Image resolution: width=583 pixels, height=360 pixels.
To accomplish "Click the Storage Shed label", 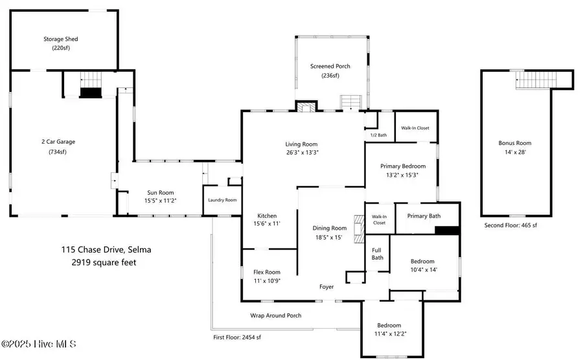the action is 61,39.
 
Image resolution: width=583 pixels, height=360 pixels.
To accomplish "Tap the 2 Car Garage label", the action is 58,142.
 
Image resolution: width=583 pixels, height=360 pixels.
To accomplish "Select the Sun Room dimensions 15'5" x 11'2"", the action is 160,201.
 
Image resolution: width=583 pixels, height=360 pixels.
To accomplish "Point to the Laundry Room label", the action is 222,200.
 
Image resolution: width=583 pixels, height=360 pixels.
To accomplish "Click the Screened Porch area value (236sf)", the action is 330,75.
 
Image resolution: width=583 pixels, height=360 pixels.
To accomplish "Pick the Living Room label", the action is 301,144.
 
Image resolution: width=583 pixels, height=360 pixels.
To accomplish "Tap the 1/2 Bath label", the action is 378,135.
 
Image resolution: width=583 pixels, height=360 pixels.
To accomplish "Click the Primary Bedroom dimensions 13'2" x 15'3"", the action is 402,175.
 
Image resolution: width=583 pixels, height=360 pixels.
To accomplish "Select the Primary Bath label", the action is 424,216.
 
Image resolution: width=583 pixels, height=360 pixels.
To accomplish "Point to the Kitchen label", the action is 267,216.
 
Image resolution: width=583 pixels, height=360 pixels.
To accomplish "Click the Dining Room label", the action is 330,228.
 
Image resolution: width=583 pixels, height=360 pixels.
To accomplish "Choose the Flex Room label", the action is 267,272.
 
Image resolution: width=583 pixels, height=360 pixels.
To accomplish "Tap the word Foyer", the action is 326,287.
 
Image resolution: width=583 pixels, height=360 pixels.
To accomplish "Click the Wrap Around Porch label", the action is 276,315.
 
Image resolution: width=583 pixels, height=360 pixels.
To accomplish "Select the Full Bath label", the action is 377,254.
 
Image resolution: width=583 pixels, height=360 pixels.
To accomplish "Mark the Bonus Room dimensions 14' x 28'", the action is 515,152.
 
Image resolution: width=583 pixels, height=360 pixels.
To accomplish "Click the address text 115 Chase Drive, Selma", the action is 106,250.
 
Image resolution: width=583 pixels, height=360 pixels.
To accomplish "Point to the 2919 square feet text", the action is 104,262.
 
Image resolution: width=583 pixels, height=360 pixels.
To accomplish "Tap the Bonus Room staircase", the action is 536,80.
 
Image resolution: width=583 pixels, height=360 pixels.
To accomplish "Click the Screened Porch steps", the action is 351,102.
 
